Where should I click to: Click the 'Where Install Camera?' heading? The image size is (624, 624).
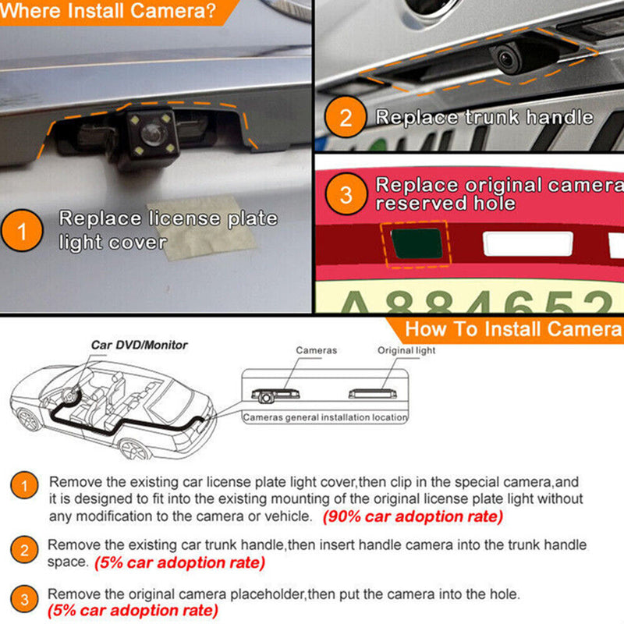109,12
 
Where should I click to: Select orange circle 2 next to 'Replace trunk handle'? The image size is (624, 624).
346,119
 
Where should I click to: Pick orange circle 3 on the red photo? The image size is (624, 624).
346,193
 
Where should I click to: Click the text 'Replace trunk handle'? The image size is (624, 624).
484,118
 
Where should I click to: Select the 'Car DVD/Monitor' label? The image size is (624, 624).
139,345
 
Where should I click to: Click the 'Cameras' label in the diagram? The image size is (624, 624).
316,351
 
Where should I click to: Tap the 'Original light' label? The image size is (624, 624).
406,351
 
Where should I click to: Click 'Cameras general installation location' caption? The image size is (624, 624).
325,417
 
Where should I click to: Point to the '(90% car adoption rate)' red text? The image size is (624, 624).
413,516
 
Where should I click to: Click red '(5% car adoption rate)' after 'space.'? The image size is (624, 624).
179,562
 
